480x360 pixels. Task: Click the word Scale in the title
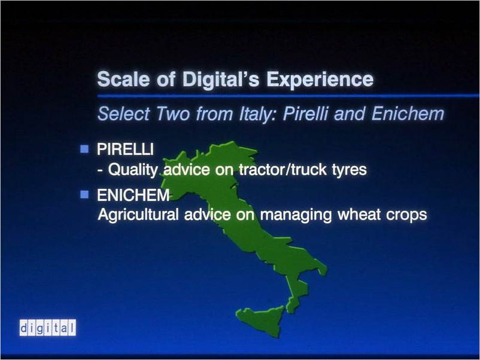[123, 79]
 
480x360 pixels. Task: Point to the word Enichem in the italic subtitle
[408, 114]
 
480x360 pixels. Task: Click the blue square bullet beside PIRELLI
[84, 150]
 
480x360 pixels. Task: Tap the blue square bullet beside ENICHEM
[84, 194]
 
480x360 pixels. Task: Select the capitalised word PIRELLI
[125, 150]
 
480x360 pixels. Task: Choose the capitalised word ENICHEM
[133, 195]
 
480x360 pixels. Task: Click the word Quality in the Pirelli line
[133, 170]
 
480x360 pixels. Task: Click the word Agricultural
[138, 215]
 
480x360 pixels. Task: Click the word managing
[296, 215]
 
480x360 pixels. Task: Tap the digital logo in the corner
[48, 328]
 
